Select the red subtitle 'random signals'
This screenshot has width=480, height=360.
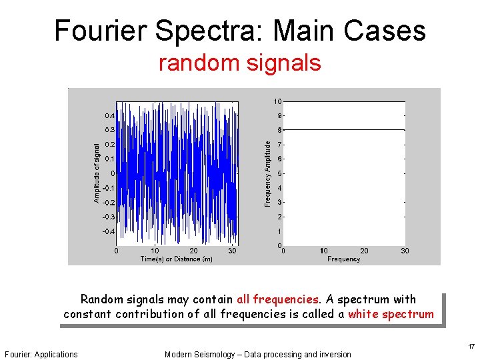[x=239, y=63]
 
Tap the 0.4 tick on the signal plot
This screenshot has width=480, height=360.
[x=109, y=115]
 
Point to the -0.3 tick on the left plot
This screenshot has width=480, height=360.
[x=108, y=217]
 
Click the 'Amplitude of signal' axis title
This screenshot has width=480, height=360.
[x=97, y=173]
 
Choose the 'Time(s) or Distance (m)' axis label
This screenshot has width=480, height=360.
[x=176, y=259]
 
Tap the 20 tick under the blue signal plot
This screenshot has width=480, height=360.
[x=193, y=251]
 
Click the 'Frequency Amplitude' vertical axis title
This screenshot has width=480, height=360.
[x=268, y=173]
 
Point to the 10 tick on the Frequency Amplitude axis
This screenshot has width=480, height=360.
[x=277, y=101]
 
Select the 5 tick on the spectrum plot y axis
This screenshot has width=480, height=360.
[x=279, y=173]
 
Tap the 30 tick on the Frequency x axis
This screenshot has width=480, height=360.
[x=405, y=251]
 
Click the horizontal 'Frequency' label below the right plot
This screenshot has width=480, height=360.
[x=343, y=259]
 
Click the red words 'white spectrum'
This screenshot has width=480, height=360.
[x=391, y=313]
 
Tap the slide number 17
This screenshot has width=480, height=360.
[x=471, y=346]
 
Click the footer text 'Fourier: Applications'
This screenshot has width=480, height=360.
[x=41, y=354]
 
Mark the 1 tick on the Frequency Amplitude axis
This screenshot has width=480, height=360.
[x=279, y=231]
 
